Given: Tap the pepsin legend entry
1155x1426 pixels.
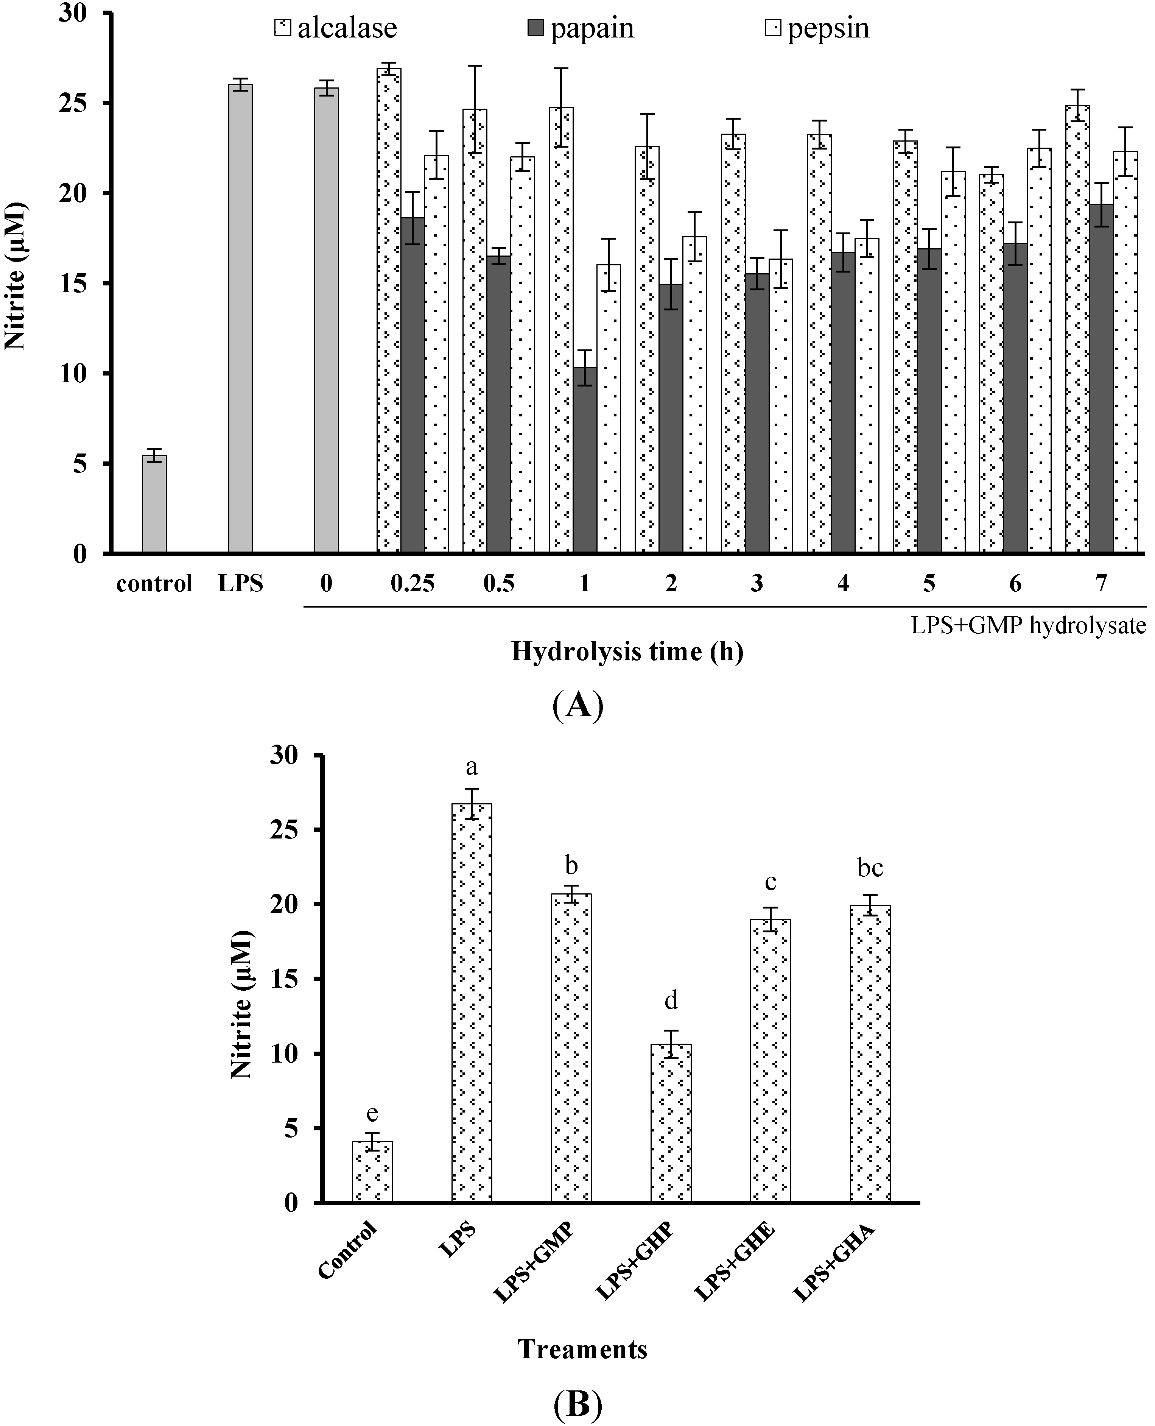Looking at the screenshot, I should tap(818, 28).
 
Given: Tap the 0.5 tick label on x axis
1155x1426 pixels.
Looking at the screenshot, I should tap(499, 584).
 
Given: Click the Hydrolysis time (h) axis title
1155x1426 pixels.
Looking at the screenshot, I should tap(627, 651).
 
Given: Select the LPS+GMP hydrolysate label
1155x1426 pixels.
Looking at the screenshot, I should tap(1028, 625).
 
